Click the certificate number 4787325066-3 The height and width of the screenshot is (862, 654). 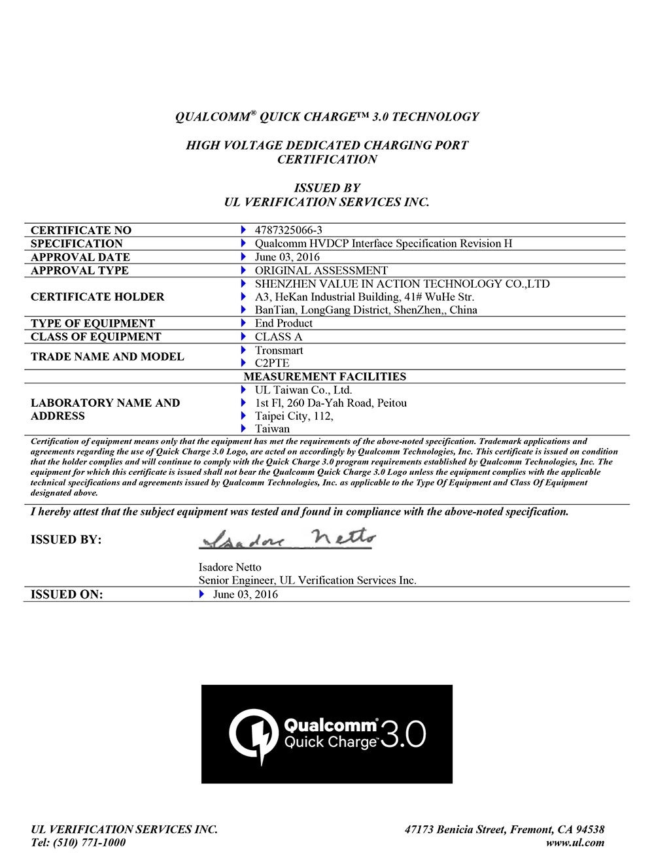pyautogui.click(x=288, y=230)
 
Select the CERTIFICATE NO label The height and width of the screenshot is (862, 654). pyautogui.click(x=81, y=230)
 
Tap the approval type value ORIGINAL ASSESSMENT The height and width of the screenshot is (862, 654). pyautogui.click(x=321, y=271)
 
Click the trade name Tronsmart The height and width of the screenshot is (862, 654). pyautogui.click(x=279, y=351)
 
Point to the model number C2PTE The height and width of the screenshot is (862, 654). pyautogui.click(x=272, y=363)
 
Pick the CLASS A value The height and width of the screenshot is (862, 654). pyautogui.click(x=279, y=337)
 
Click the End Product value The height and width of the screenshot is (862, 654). pyautogui.click(x=284, y=323)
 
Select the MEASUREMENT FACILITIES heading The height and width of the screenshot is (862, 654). pyautogui.click(x=325, y=377)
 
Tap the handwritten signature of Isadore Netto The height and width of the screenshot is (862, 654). pyautogui.click(x=288, y=539)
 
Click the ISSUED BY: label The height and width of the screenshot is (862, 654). pyautogui.click(x=66, y=540)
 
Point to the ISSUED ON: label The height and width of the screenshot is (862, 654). pyautogui.click(x=67, y=595)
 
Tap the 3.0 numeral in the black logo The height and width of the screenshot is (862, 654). pyautogui.click(x=403, y=734)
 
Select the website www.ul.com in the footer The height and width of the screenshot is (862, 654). pyautogui.click(x=575, y=842)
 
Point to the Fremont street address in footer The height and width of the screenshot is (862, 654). pyautogui.click(x=504, y=829)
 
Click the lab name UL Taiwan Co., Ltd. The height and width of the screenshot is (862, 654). pyautogui.click(x=303, y=390)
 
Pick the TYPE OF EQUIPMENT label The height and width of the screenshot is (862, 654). pyautogui.click(x=93, y=323)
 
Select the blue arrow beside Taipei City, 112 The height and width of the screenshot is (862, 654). pyautogui.click(x=243, y=416)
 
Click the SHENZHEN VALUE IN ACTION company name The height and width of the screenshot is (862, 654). pyautogui.click(x=402, y=284)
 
